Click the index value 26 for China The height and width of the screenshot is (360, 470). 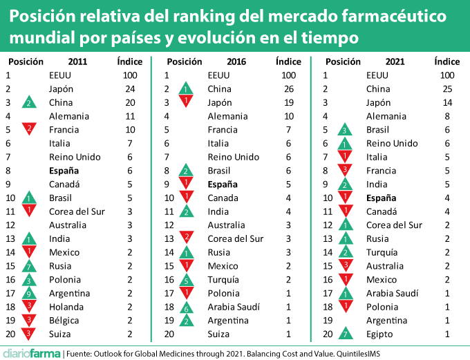[289, 88]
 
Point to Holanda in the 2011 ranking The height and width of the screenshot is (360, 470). [66, 307]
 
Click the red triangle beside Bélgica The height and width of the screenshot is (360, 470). [28, 320]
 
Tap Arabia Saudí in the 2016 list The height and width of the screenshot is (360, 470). [229, 307]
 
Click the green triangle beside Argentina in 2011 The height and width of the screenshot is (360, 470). [28, 294]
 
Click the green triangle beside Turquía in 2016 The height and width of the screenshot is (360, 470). [186, 280]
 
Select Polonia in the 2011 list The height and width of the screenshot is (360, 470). [66, 280]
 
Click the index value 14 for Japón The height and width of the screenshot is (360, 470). [447, 102]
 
